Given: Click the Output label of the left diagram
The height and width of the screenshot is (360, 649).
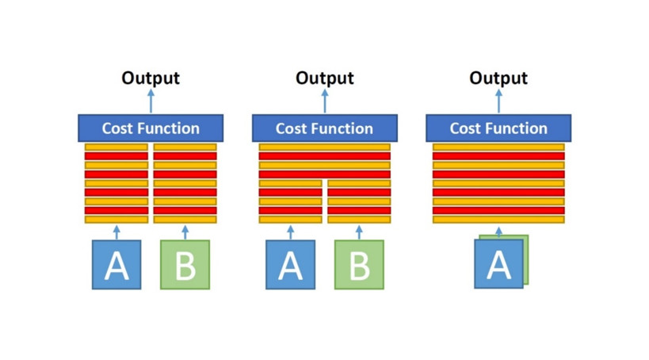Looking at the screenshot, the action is (151, 79).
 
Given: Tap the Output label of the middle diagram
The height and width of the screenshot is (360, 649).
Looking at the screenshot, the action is (325, 79).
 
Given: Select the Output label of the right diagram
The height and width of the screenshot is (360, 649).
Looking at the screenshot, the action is (498, 79).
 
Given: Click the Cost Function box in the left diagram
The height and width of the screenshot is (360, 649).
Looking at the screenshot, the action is (151, 128).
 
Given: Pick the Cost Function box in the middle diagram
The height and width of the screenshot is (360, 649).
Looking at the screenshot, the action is (325, 128).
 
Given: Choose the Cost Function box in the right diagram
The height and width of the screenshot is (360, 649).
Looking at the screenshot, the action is (498, 128).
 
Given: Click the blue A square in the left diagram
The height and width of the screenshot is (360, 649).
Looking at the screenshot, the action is (116, 265).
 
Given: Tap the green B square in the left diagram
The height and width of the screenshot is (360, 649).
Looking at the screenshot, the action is (185, 265).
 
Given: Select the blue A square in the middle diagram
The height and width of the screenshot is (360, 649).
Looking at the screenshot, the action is (291, 265).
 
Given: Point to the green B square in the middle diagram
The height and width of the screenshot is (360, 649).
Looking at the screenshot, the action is (359, 265).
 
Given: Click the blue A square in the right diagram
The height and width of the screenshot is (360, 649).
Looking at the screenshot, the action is (498, 264).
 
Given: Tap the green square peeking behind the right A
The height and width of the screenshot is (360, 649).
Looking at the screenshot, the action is (526, 260).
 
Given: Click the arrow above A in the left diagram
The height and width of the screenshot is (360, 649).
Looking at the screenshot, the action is (116, 232).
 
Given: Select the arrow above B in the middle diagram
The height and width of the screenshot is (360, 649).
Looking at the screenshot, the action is (359, 232).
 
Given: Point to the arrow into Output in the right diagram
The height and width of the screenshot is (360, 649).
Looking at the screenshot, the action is (498, 101).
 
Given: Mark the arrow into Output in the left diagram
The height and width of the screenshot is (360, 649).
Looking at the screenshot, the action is (151, 101).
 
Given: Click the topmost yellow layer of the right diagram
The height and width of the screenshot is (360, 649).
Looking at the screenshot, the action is (498, 147).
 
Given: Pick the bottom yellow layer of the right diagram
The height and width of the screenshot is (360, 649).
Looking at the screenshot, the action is (498, 220).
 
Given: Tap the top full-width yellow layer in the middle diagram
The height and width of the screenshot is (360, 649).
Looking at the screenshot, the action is (325, 147).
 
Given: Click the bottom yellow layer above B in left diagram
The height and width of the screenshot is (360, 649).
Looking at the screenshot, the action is (185, 220).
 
